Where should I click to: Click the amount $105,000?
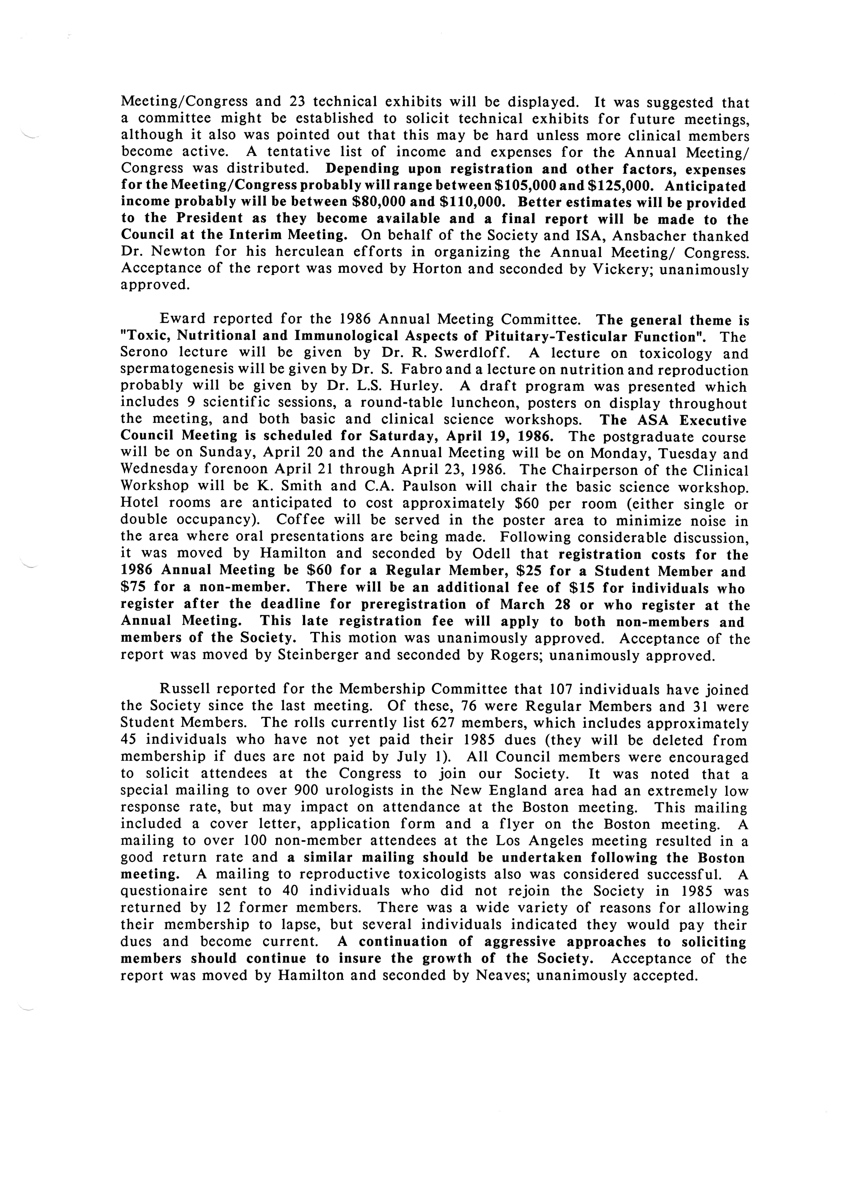tap(524, 186)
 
